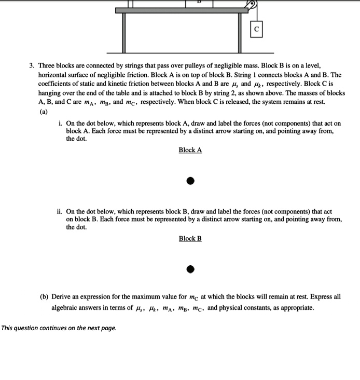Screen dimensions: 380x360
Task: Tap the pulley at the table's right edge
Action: tap(252, 5)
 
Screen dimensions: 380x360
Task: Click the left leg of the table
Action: tap(124, 32)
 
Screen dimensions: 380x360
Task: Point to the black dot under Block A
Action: tap(190, 181)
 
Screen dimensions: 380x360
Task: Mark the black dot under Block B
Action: tap(190, 269)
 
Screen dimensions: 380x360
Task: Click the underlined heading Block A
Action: tap(190, 150)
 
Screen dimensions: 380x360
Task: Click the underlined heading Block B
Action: tap(190, 238)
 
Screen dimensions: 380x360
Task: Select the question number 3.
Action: tap(31, 66)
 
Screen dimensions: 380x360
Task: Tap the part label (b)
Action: tap(45, 297)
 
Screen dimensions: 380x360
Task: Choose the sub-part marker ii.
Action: tap(60, 212)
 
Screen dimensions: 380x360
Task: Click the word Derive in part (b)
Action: tap(62, 297)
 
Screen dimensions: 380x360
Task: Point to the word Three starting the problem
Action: tap(47, 66)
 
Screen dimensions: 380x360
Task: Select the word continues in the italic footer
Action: tap(48, 328)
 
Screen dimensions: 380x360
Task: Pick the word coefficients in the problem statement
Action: tap(57, 84)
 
